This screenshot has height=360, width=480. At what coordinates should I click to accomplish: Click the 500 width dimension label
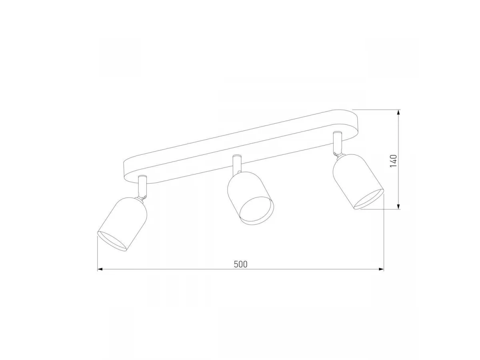pyautogui.click(x=240, y=264)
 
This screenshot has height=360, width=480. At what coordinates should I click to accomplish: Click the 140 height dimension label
pyautogui.click(x=394, y=161)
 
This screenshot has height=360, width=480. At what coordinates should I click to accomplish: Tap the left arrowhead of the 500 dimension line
pyautogui.click(x=100, y=269)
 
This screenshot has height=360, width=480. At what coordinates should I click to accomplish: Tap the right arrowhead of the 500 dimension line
pyautogui.click(x=381, y=269)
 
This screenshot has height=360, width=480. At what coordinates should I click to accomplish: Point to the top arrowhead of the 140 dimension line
pyautogui.click(x=399, y=112)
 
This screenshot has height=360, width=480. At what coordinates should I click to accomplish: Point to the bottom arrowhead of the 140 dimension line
pyautogui.click(x=399, y=206)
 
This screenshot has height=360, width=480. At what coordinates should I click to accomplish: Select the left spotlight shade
pyautogui.click(x=122, y=224)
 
